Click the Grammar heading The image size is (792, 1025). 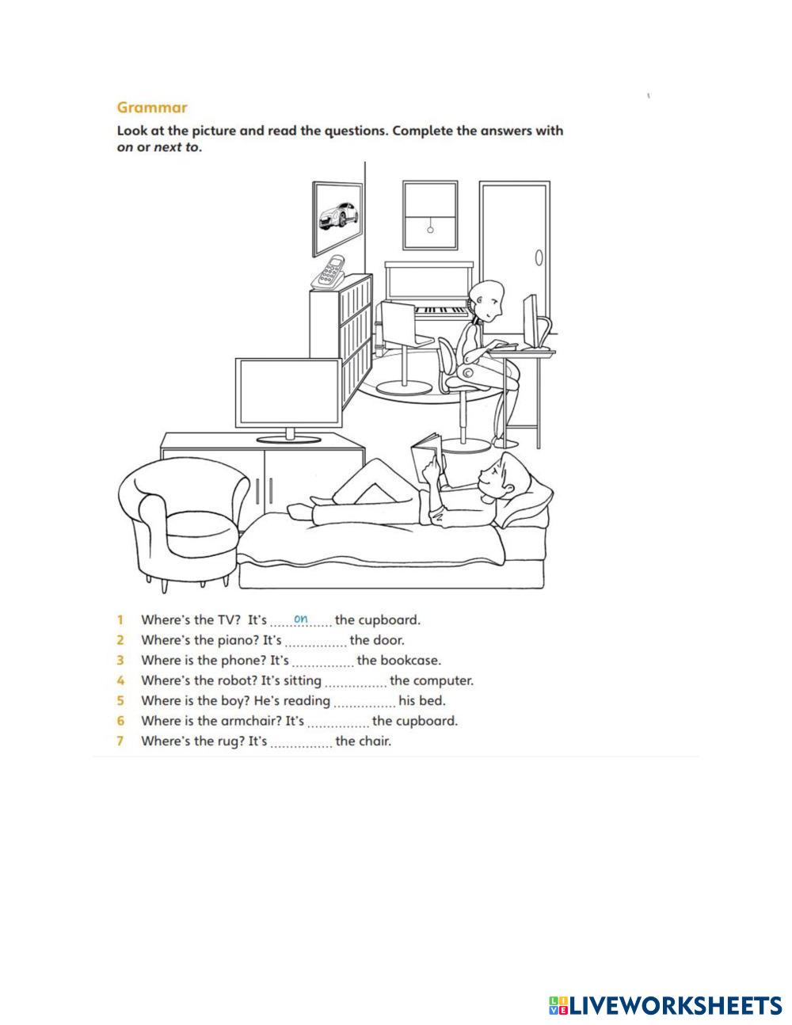point(152,107)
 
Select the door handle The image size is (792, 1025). point(539,258)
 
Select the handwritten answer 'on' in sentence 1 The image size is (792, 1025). point(301,619)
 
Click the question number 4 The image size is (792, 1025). point(120,680)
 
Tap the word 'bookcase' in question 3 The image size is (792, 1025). point(410,660)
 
